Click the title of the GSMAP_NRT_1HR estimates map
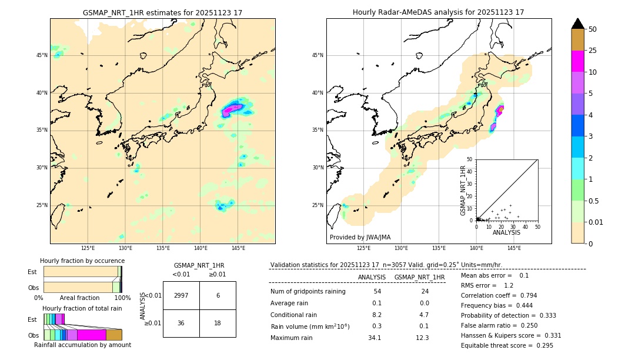click(162, 12)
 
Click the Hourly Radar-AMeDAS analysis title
click(438, 12)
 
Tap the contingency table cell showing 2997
click(181, 295)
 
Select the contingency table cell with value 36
click(181, 323)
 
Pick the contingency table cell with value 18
click(218, 323)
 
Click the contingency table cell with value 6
click(218, 295)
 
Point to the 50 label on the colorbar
click(593, 29)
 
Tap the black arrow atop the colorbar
click(578, 24)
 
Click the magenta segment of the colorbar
click(578, 61)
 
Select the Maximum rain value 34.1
click(374, 338)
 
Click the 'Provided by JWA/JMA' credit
click(360, 237)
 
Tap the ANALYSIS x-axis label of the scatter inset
click(506, 232)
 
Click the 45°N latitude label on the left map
click(42, 55)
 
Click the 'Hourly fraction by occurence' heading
click(82, 261)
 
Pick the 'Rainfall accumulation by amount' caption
click(82, 345)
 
